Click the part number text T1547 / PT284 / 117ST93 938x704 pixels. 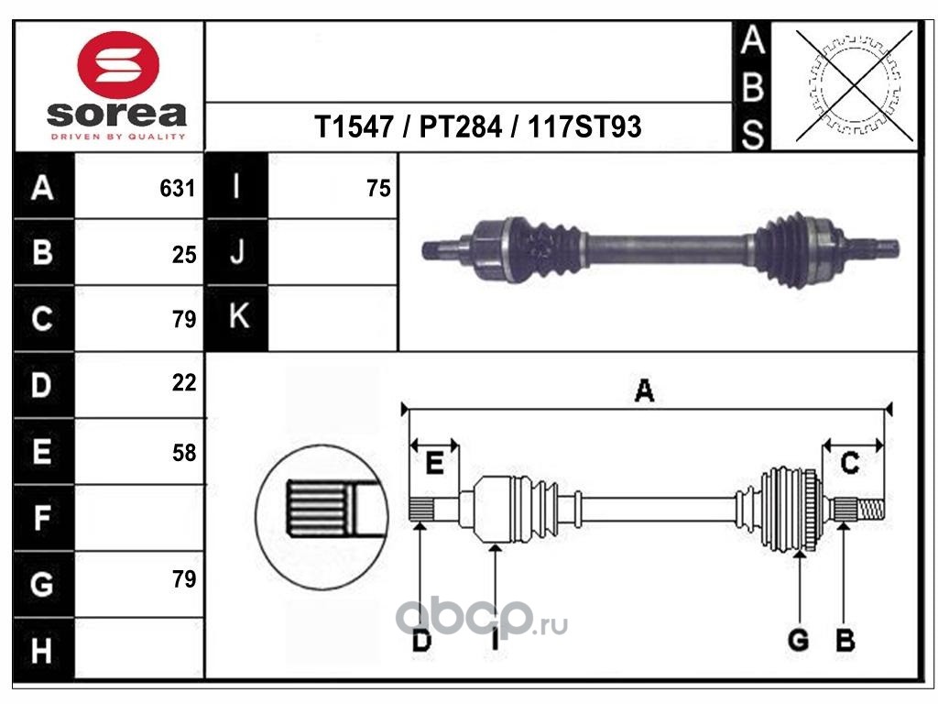477,127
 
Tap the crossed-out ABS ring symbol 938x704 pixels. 855,86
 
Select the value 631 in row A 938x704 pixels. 179,189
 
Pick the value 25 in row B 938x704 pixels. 184,255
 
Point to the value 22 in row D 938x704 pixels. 184,383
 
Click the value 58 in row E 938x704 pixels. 184,452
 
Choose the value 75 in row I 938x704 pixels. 378,189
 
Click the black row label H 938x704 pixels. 42,652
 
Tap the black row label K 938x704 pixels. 237,318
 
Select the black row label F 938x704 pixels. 42,519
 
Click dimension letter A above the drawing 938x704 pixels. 644,391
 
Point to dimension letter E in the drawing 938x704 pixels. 435,464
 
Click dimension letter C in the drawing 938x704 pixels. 850,464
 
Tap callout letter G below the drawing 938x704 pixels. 799,640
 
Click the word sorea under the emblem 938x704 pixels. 115,115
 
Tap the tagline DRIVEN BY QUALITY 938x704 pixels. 116,137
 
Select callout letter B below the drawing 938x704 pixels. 845,640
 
